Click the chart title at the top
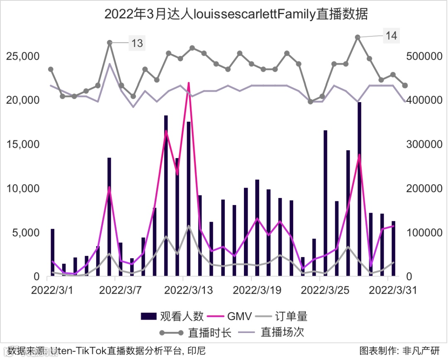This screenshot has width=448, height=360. point(236,14)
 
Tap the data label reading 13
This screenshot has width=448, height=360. point(137,43)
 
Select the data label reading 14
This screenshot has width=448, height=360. point(391,36)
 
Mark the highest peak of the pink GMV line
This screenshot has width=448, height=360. point(189,83)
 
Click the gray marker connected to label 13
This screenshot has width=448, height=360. point(110,42)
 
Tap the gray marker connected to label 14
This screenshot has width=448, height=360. point(358,37)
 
